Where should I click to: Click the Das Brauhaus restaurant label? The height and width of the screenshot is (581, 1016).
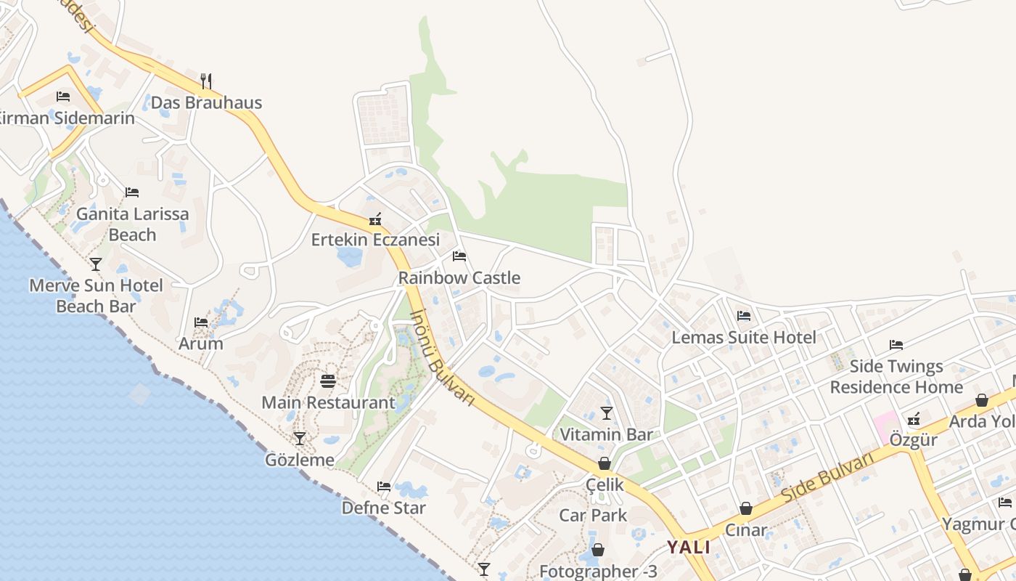pos(206,102)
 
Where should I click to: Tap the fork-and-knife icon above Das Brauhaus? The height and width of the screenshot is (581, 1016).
pos(206,80)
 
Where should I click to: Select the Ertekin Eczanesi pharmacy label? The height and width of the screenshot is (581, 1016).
pos(375,240)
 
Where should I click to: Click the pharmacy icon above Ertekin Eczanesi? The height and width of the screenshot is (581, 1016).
pos(375,219)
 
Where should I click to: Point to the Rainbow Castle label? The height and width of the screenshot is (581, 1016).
pos(459,277)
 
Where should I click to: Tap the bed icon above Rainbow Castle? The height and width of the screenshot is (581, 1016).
pos(459,256)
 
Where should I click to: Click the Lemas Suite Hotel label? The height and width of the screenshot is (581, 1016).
pos(744,337)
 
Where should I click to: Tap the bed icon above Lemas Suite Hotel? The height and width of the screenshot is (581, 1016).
pos(744,316)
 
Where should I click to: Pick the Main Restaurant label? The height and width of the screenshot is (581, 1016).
pos(328,402)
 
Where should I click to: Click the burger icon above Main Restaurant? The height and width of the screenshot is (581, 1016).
pos(328,381)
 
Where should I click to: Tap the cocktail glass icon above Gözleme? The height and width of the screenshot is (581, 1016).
pos(299,439)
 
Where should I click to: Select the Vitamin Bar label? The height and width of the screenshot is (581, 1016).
pos(607,434)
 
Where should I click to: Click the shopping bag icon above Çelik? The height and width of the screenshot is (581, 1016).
pos(604,463)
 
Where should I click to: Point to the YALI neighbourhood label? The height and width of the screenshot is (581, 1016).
pos(689,547)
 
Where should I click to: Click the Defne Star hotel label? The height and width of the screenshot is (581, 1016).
pos(383,508)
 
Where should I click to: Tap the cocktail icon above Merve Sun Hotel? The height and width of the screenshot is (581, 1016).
pos(96,264)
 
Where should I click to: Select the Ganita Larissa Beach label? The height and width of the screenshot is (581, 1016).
pos(132,224)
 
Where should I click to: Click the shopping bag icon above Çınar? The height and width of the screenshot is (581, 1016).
pos(746,509)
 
